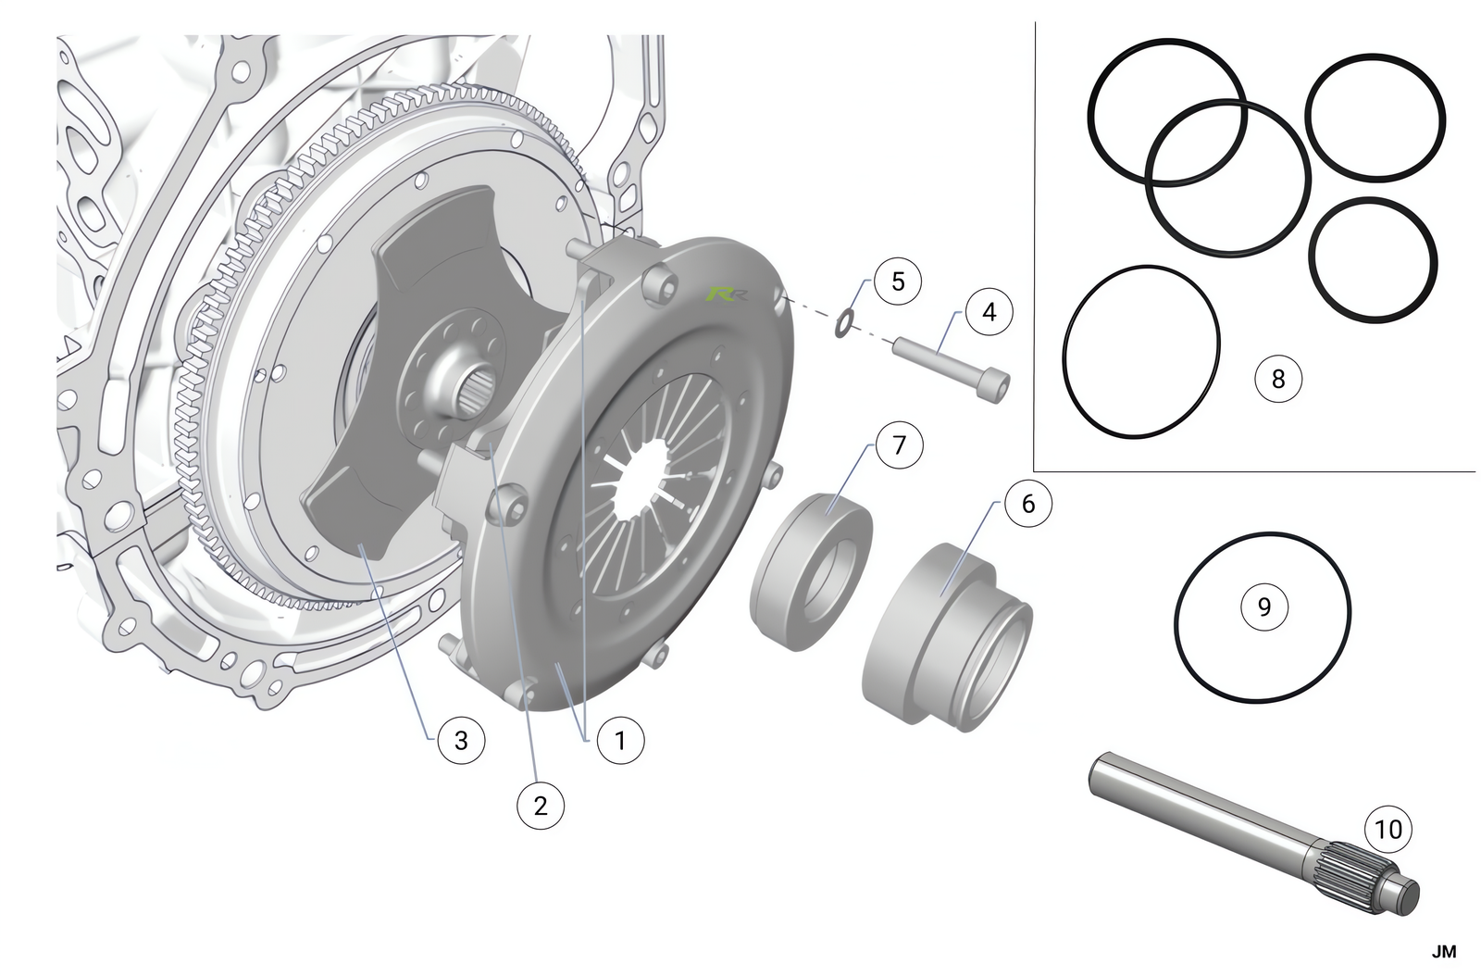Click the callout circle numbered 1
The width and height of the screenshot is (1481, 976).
tap(620, 741)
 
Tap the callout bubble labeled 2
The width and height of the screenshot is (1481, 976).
tap(541, 806)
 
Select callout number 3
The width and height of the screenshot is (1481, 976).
tap(461, 741)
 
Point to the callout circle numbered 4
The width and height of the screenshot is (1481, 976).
tap(989, 311)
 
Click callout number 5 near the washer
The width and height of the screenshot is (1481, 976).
tap(898, 281)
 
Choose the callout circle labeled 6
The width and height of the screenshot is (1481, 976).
tap(1028, 504)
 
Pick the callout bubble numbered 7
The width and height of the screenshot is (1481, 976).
tap(899, 445)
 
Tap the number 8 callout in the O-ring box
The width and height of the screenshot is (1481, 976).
tap(1278, 379)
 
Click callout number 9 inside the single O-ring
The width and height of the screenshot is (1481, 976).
tap(1264, 607)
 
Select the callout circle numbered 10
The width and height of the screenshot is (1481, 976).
tap(1388, 829)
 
